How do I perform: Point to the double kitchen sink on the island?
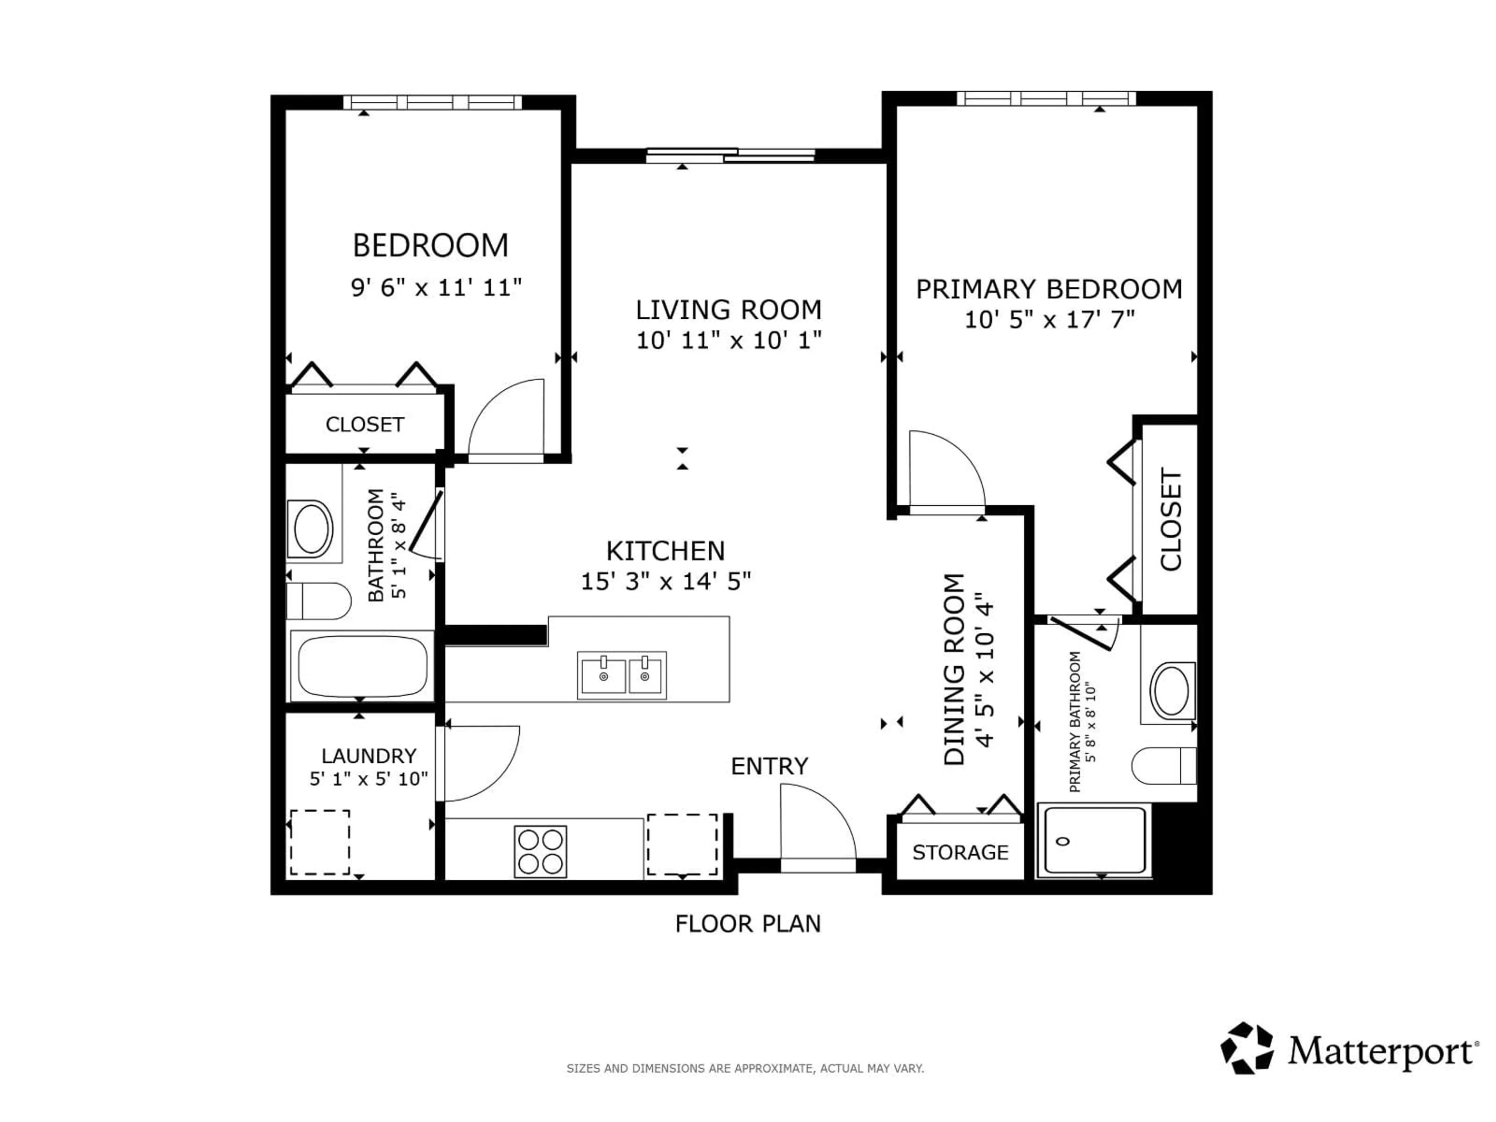coord(621,675)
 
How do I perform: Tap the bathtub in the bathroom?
coord(362,666)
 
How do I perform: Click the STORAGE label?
coord(960,852)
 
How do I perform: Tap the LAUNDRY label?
coord(369,755)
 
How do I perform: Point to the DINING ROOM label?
coord(954,670)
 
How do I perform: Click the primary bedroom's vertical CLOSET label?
coord(1171,519)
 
